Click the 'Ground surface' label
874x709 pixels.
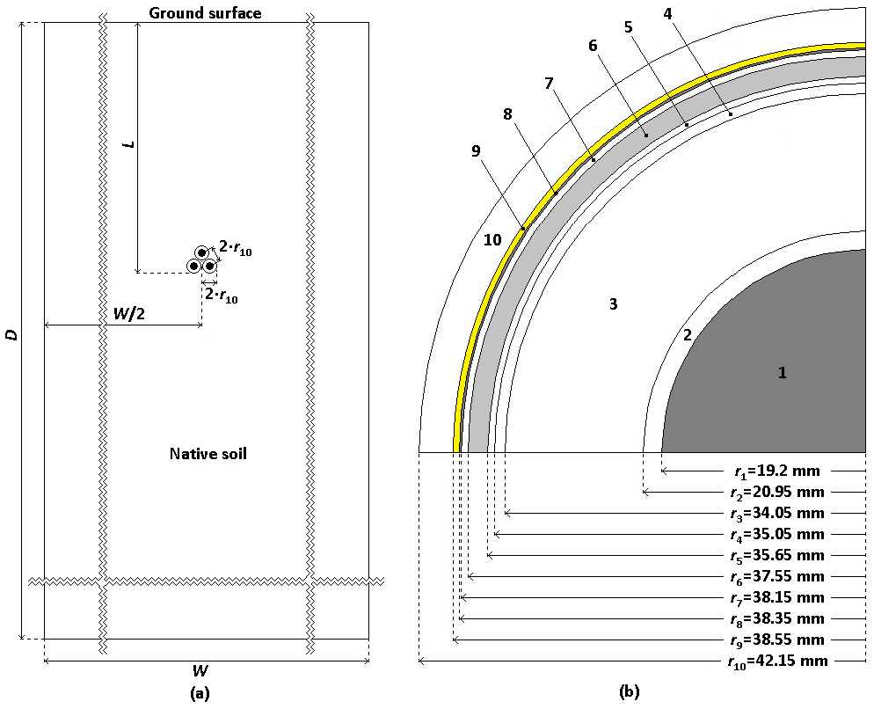[205, 12]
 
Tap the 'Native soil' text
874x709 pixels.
[208, 454]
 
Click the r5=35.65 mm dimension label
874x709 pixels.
[776, 556]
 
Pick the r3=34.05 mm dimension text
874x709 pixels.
[776, 514]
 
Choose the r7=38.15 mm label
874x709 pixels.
[776, 598]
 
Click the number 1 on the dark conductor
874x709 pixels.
[782, 373]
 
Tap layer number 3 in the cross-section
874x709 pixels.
[614, 304]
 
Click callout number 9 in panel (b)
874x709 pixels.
[476, 151]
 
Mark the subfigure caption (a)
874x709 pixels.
[200, 693]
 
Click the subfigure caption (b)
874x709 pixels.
[629, 693]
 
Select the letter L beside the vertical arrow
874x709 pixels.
[131, 142]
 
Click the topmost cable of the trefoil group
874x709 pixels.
[201, 253]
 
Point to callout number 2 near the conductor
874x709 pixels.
[688, 334]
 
